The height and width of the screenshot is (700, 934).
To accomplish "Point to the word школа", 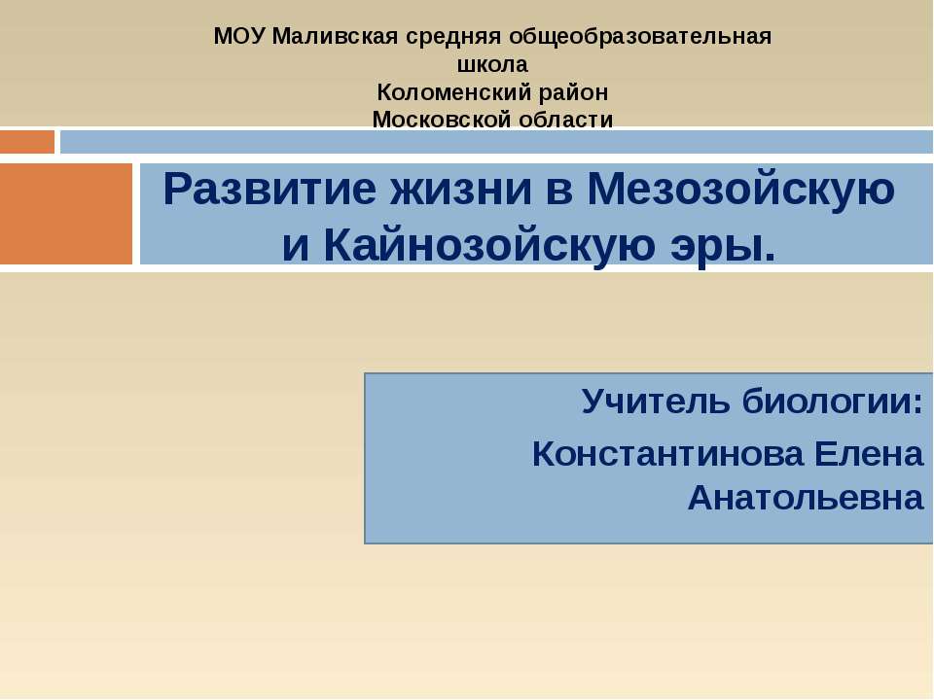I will click(x=492, y=65).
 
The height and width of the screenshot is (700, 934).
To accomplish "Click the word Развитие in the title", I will click(x=269, y=190).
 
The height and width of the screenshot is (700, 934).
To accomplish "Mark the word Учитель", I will click(x=655, y=401).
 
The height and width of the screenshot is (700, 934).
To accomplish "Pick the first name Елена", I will click(x=868, y=453).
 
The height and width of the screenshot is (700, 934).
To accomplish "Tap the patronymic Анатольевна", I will click(x=806, y=498).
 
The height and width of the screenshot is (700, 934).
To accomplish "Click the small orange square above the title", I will click(x=27, y=142).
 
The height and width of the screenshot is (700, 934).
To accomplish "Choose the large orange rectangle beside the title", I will click(x=66, y=214).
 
